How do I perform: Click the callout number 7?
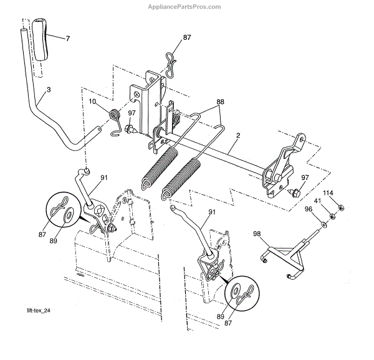coord(67,39)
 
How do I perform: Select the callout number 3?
coord(49,90)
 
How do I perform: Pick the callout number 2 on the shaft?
coord(238,136)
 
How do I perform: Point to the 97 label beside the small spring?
coord(132,113)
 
